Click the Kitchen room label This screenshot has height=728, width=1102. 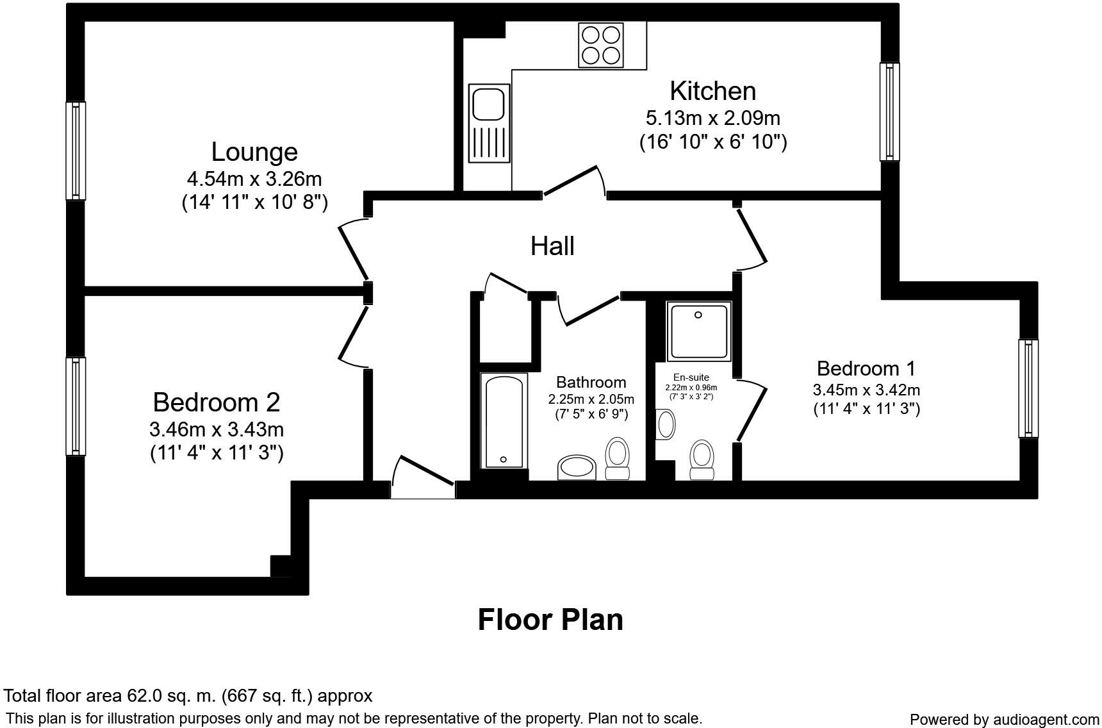[712, 91]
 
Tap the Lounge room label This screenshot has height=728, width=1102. [254, 152]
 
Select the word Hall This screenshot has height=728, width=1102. [552, 246]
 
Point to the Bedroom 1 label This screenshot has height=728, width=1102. [866, 368]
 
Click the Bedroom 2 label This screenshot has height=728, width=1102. [217, 402]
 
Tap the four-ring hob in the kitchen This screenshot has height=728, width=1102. [600, 45]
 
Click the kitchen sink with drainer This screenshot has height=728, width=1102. [489, 122]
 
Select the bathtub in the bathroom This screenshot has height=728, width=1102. [504, 420]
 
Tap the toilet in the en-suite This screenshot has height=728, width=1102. [702, 460]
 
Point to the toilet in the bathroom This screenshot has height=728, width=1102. [617, 458]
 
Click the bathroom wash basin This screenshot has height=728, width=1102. [577, 467]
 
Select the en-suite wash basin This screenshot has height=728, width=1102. [666, 424]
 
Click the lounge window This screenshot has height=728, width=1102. [76, 151]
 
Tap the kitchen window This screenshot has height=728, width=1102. [889, 112]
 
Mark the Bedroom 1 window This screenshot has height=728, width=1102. [1028, 388]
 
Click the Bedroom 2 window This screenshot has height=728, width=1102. [76, 406]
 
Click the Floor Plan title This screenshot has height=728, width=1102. [550, 620]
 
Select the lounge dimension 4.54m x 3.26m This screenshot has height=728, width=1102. [254, 178]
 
